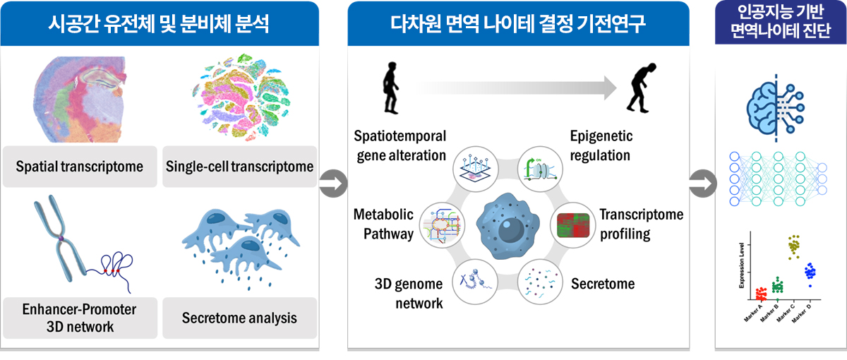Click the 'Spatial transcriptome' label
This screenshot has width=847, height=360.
(x=80, y=167)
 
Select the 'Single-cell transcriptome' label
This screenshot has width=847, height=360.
(x=240, y=167)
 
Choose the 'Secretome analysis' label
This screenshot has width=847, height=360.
(x=240, y=318)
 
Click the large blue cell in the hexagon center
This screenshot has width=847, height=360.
(x=505, y=225)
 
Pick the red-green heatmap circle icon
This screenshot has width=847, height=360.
(x=572, y=224)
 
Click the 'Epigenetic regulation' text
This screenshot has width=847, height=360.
(x=601, y=145)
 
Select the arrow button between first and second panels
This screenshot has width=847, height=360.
(x=332, y=186)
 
